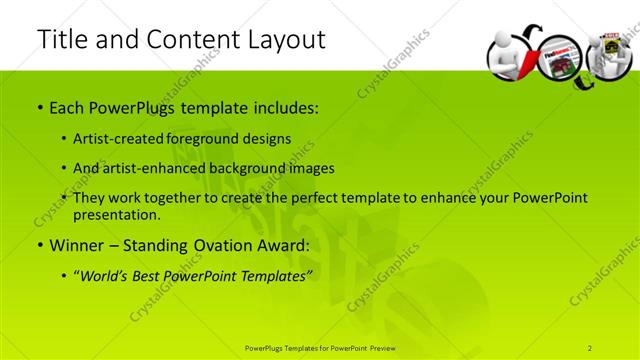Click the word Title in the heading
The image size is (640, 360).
60,40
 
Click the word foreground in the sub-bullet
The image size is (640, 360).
214,138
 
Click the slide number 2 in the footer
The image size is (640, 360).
590,347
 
